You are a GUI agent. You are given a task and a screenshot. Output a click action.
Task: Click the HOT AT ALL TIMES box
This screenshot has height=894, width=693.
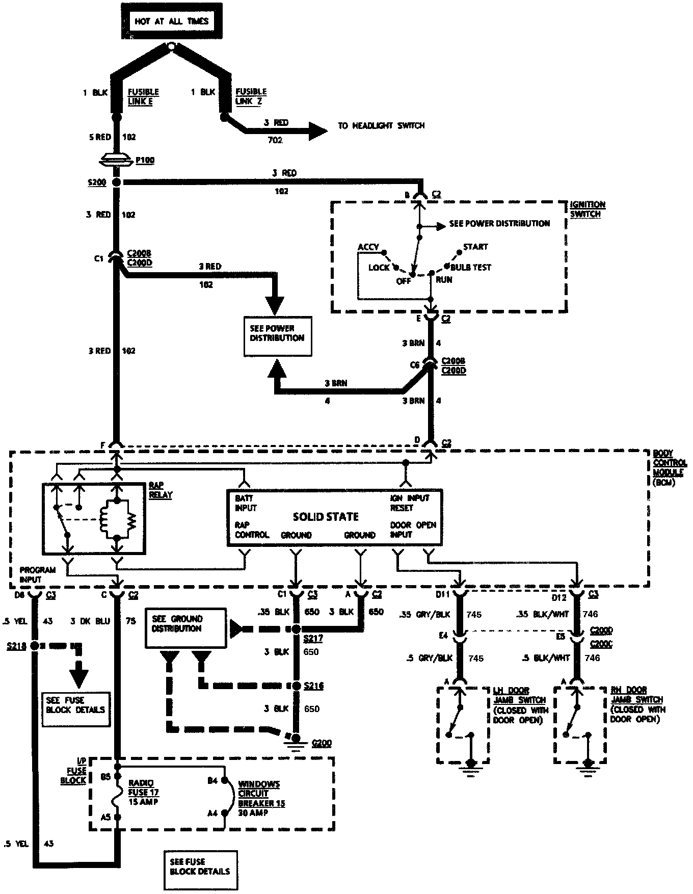pos(171,21)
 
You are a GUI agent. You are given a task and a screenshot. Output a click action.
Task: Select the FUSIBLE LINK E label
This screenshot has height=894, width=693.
pos(143,96)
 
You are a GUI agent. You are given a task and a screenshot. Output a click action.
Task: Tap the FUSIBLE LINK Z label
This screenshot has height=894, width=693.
pos(251,96)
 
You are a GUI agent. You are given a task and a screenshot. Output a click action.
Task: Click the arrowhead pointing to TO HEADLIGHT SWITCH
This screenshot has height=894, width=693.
pos(317,130)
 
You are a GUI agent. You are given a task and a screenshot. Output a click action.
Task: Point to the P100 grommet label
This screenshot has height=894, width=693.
pos(145,161)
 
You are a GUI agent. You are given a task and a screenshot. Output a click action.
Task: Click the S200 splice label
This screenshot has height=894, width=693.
pos(96,182)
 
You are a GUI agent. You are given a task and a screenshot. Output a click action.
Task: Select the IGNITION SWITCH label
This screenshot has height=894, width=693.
pos(588,209)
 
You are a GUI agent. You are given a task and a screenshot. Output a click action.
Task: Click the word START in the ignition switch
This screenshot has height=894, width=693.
pos(475,247)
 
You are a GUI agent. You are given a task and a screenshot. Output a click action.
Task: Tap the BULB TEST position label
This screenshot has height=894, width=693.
pos(471,267)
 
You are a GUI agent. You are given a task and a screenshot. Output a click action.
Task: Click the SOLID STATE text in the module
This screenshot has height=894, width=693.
pos(326,517)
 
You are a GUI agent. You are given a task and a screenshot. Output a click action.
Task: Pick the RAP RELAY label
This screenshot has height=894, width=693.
pos(161,490)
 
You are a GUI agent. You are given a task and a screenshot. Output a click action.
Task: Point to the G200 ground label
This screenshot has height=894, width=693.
pos(321,743)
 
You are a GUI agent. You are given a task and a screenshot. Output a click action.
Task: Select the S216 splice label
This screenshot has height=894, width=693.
pos(314,686)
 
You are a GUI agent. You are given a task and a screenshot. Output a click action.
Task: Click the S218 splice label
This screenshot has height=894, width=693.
pos(16,645)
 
